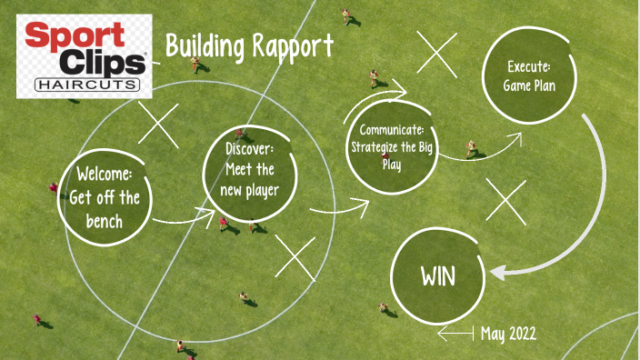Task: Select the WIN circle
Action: pos(437,276)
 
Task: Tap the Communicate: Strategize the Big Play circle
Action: pos(392,145)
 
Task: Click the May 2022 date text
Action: pos(508,334)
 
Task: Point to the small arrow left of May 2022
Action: pos(455,335)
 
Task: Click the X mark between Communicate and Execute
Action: pos(437,53)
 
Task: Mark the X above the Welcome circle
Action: pos(158,124)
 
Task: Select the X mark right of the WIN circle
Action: pos(505,200)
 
